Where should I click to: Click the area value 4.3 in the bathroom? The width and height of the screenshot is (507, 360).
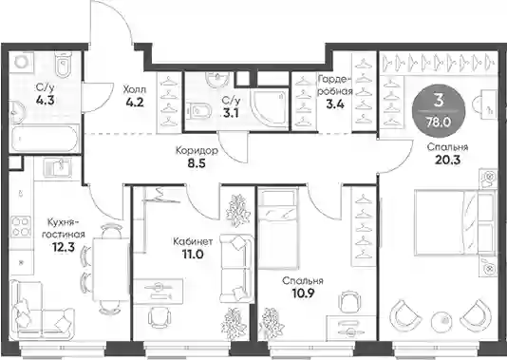(x=46, y=101)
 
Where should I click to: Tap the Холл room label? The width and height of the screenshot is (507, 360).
(x=135, y=89)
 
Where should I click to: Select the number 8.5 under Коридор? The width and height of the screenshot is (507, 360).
(x=197, y=163)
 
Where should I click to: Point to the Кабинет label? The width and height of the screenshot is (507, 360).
(x=193, y=241)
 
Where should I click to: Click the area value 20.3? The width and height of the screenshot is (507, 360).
(x=447, y=160)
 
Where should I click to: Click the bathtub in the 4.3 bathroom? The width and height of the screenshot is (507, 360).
(x=44, y=139)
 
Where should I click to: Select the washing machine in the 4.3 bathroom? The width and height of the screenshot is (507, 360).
(x=22, y=62)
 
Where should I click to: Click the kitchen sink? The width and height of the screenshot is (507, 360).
(x=57, y=168)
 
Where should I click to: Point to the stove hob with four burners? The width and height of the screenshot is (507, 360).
(x=22, y=226)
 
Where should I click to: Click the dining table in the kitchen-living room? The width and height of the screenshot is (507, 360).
(x=110, y=269)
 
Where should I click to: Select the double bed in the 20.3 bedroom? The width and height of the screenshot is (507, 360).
(x=454, y=223)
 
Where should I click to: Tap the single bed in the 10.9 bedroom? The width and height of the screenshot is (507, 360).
(x=277, y=229)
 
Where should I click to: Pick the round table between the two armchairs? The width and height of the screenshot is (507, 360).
(x=443, y=320)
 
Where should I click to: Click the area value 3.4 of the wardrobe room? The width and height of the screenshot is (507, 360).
(x=335, y=104)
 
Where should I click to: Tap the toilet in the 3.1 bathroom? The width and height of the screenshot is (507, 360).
(x=199, y=110)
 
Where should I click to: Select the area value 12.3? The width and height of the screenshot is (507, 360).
(x=64, y=247)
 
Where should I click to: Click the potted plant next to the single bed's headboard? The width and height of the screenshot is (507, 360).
(x=238, y=211)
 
